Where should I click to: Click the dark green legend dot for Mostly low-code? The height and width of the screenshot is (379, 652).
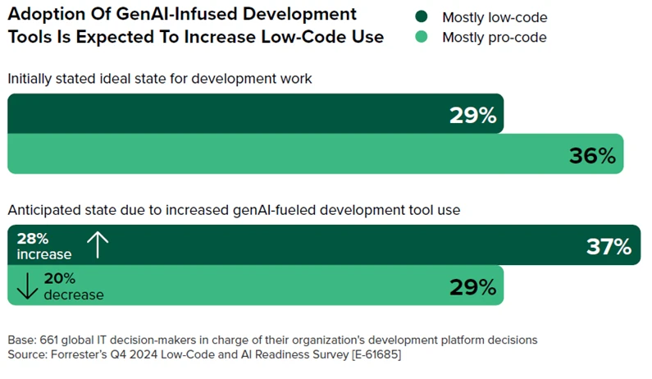pos(422,17)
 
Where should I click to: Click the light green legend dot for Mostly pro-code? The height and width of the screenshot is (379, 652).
pos(422,37)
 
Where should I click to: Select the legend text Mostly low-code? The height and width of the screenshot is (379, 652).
pos(494,17)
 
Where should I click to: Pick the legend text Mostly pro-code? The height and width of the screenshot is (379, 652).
pos(494,37)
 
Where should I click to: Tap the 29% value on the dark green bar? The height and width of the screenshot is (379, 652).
pos(472,115)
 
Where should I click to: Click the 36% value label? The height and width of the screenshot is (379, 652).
pos(592,155)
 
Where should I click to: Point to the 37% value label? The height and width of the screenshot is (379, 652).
pos(609,246)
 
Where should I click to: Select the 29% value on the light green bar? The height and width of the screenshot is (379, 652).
pos(472,286)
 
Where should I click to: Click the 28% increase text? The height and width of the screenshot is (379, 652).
pos(43,246)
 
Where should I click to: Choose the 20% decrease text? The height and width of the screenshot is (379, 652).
pos(73,286)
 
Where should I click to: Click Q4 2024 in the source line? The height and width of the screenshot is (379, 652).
pos(148,354)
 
